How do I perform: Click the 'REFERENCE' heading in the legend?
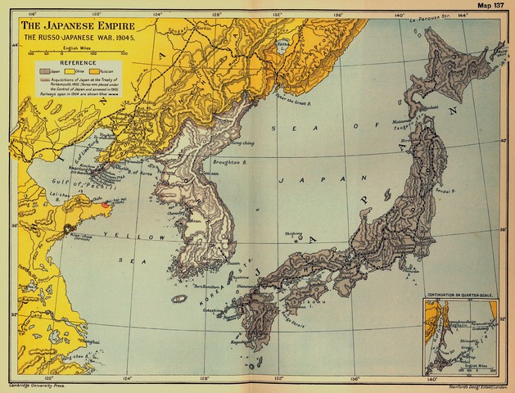pos(75,62)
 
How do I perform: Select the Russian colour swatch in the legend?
pos(104,71)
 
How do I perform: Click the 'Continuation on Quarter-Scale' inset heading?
pos(463,293)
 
